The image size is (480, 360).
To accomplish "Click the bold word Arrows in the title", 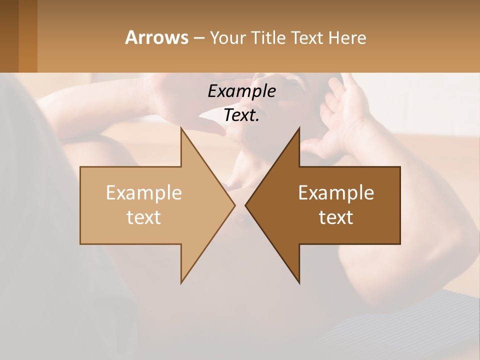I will pos(156,37).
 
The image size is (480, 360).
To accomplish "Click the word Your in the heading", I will pos(226,38).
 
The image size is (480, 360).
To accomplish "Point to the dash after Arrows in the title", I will pos(198,38).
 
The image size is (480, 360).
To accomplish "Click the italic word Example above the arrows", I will pos(242,91).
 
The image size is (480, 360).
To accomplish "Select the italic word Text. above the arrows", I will pos(242,115).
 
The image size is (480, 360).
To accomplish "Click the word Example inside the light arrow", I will pos(144,193).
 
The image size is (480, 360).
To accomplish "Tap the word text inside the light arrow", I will pos(144,217).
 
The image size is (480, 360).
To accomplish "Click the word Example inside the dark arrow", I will pos(336,193).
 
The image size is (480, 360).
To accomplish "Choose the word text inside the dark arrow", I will pos(336,217).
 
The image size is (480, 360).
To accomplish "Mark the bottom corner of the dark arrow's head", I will pos(299,282).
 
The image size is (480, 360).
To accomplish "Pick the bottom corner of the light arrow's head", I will pos(181,282).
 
